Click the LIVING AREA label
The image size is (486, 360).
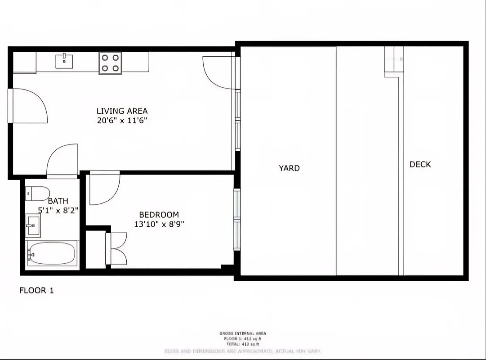tap(122, 111)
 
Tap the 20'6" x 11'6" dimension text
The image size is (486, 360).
tap(122, 121)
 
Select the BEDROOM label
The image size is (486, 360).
tap(159, 215)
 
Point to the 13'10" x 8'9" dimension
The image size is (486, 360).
tap(159, 224)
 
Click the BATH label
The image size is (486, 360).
tap(58, 201)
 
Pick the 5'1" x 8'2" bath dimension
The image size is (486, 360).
tap(58, 210)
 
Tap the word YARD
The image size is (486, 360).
tap(289, 168)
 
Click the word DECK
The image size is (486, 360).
tap(420, 165)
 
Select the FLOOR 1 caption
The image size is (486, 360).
tap(36, 291)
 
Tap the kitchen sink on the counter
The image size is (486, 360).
tap(65, 61)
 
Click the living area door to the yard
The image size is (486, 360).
tap(217, 72)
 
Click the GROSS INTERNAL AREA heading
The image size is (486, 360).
tap(243, 333)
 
